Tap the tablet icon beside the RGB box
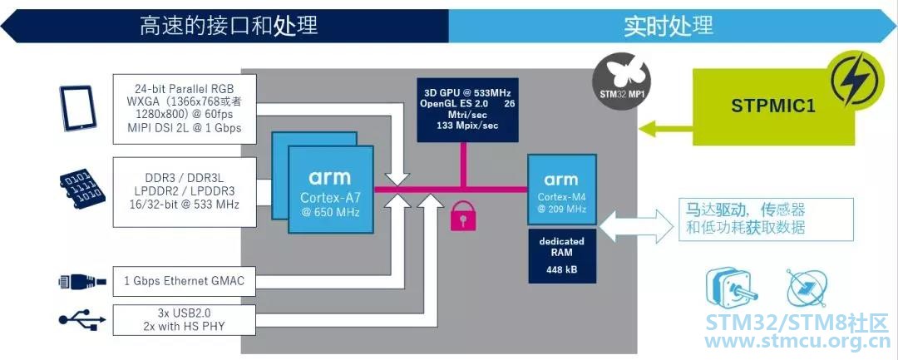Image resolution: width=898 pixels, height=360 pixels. tap(77, 108)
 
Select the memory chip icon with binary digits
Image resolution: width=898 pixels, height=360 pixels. tap(81, 189)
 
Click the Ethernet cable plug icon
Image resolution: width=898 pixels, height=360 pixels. tap(81, 281)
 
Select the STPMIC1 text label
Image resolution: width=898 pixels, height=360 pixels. tap(765, 106)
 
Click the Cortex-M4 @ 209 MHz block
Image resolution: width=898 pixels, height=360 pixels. tap(561, 191)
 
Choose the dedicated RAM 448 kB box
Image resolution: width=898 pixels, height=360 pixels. tap(561, 256)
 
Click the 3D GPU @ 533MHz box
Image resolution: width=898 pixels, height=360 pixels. tap(468, 110)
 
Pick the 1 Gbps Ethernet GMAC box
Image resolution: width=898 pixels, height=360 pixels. tap(184, 281)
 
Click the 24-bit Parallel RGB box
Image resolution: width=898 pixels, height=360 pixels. tap(184, 109)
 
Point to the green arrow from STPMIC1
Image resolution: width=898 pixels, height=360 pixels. tap(666, 128)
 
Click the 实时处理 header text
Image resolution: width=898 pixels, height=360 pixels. tap(669, 26)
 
